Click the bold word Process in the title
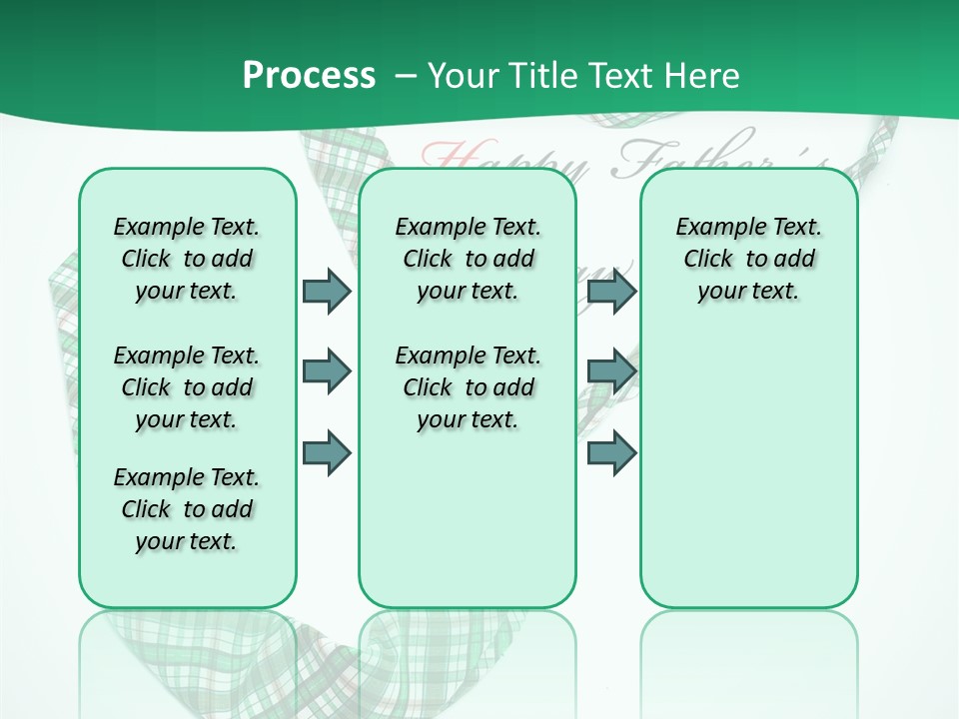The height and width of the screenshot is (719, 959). [309, 76]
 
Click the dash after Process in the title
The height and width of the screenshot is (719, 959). [407, 77]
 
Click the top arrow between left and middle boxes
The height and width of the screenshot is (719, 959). [327, 291]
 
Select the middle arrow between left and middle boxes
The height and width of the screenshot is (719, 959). [327, 371]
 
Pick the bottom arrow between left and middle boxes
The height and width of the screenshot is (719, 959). [327, 452]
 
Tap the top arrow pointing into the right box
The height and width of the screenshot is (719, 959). [611, 291]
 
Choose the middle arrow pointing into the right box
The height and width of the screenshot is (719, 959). [611, 371]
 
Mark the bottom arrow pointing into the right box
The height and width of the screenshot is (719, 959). [611, 452]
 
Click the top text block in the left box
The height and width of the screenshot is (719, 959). [187, 259]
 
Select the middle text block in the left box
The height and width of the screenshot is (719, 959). [187, 387]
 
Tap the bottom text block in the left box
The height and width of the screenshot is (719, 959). [187, 509]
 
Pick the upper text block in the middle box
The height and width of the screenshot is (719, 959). [468, 259]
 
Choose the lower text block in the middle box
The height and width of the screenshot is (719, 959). [468, 387]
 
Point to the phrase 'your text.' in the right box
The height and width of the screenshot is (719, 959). [748, 292]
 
